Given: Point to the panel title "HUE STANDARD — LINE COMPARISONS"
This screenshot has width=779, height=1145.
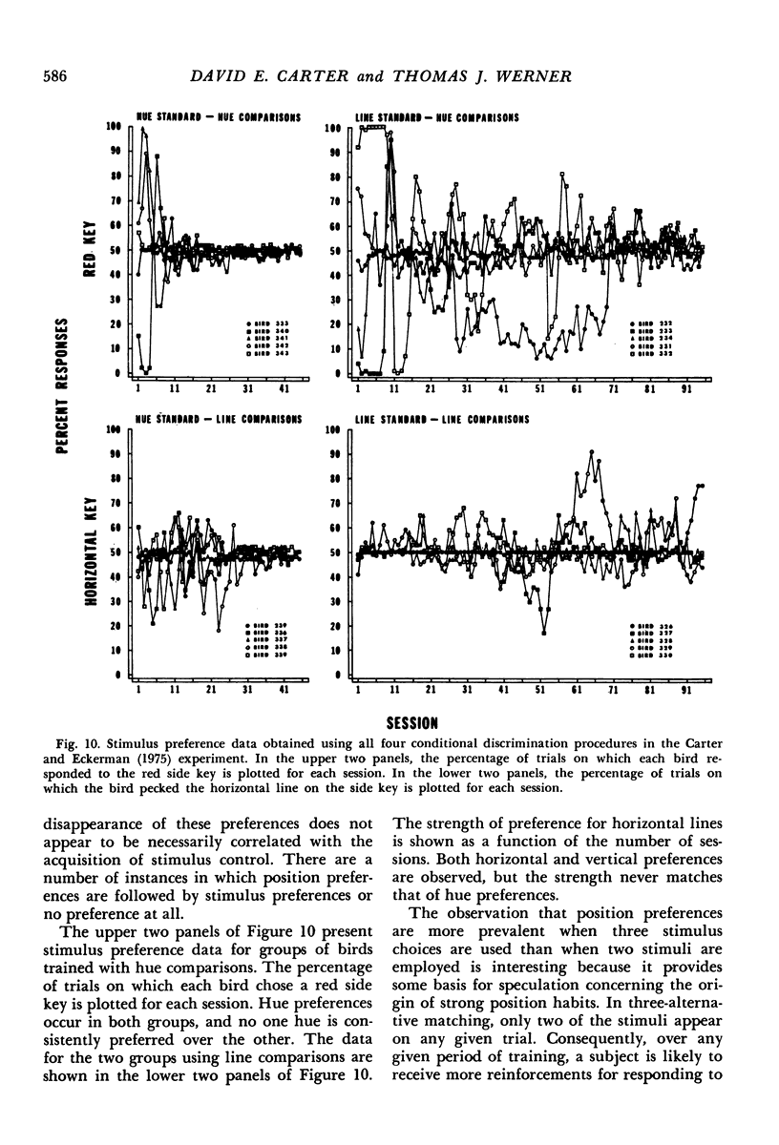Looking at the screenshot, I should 220,417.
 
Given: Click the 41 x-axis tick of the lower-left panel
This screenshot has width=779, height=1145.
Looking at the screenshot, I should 284,689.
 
